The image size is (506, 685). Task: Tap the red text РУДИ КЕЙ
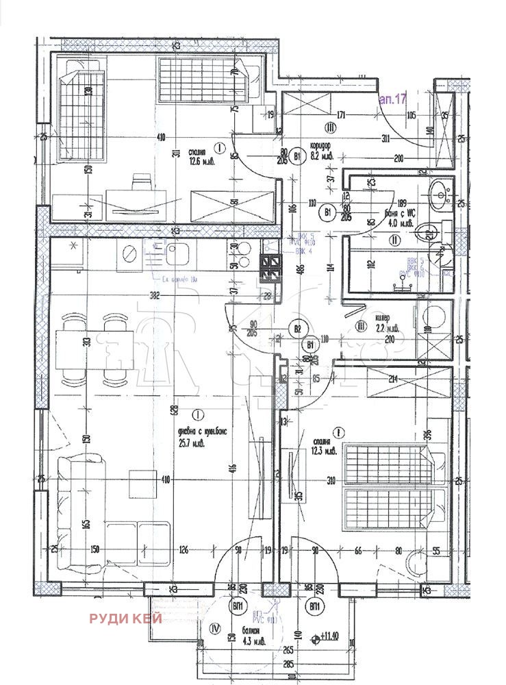click(x=125, y=619)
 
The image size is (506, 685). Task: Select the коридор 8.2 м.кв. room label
click(x=320, y=151)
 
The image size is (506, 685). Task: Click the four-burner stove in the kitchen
click(x=269, y=268)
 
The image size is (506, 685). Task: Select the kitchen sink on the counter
click(x=177, y=256)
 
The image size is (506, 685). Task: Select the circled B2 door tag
click(x=297, y=329)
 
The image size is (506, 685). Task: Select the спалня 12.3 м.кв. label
click(x=320, y=447)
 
